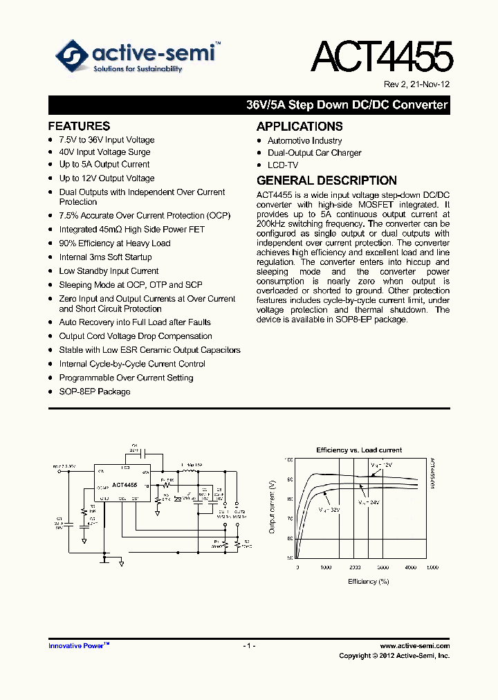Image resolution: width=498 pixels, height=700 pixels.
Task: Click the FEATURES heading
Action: (79, 126)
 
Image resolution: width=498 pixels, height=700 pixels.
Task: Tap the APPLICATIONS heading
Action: (299, 127)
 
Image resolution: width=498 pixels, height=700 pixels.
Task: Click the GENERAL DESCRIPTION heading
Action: (326, 181)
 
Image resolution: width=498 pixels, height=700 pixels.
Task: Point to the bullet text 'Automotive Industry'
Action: (304, 141)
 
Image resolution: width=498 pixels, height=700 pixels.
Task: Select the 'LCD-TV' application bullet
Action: (283, 166)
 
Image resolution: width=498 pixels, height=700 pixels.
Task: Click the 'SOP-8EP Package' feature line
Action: (95, 392)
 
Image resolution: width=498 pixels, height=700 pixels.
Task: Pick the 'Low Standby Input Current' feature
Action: (109, 271)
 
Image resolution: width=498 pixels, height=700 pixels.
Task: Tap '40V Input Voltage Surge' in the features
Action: (104, 152)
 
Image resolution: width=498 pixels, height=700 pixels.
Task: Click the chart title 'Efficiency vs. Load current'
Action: (359, 450)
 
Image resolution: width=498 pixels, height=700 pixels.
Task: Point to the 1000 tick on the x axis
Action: (326, 567)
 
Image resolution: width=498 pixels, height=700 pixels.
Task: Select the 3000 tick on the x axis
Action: (383, 567)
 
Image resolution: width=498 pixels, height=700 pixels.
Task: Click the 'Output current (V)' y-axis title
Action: (273, 506)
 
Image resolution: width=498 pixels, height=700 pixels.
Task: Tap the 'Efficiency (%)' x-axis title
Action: (368, 582)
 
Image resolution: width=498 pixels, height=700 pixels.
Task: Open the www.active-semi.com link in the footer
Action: (415, 646)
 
